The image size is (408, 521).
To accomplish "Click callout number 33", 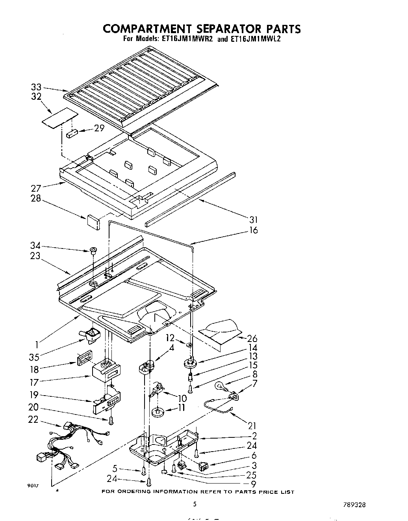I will pyautogui.click(x=36, y=88).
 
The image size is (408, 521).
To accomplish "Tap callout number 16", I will pyautogui.click(x=253, y=230).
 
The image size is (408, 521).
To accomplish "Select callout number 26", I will pyautogui.click(x=252, y=338).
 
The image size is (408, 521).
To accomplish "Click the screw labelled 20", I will pyautogui.click(x=111, y=420).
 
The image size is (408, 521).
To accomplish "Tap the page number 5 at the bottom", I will pyautogui.click(x=195, y=504).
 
